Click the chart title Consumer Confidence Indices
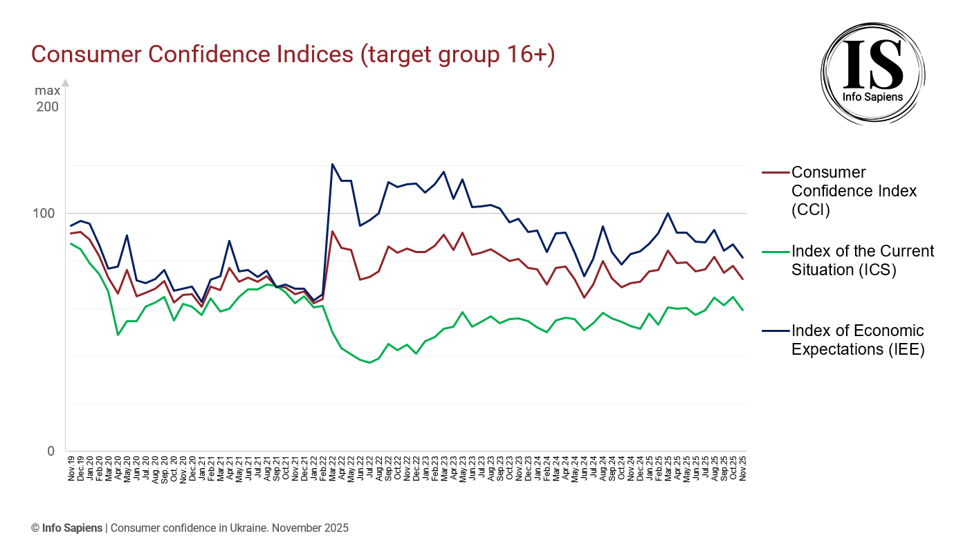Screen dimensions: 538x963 click(293, 55)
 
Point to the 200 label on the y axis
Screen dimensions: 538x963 click(48, 107)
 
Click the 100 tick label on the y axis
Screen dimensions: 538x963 click(46, 213)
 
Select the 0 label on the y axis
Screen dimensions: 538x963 click(50, 451)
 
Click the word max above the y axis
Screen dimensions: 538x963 click(48, 91)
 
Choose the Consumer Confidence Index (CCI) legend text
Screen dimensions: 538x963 click(854, 191)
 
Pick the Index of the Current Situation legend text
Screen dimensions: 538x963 click(862, 260)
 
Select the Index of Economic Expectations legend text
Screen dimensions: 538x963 click(857, 340)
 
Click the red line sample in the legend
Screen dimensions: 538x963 click(775, 172)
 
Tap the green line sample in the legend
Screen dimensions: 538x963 click(775, 251)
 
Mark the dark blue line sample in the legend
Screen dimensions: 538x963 click(775, 331)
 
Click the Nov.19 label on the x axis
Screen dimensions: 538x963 click(71, 468)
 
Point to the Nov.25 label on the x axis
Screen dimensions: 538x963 click(742, 468)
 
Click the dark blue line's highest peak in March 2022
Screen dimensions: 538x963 click(332, 165)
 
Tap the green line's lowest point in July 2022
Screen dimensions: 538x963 click(370, 362)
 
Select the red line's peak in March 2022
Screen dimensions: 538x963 click(332, 232)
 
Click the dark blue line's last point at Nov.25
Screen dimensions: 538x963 click(742, 258)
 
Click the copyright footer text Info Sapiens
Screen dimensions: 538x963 click(73, 528)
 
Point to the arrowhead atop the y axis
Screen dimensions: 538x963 click(66, 83)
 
